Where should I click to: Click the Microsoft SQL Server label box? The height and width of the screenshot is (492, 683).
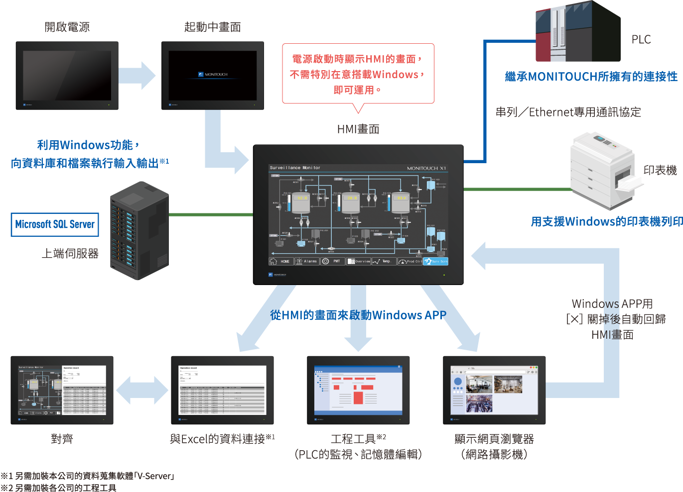(x=55, y=224)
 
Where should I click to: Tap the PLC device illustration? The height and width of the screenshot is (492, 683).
(x=578, y=32)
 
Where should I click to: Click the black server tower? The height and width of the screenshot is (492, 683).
(x=139, y=230)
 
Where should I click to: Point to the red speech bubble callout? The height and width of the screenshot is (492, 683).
(x=358, y=74)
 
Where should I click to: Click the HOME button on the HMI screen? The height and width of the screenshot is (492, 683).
(x=280, y=261)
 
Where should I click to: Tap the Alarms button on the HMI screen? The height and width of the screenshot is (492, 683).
(x=306, y=261)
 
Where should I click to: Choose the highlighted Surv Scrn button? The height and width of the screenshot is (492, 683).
(x=436, y=261)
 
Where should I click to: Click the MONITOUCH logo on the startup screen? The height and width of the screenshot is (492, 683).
(x=213, y=75)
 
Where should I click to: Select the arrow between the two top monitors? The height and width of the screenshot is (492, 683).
(x=137, y=76)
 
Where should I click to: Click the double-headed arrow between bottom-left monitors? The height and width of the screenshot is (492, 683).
(x=142, y=390)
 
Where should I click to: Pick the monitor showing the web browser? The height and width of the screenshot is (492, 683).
(x=494, y=390)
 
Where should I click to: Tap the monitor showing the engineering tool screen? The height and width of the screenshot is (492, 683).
(x=358, y=390)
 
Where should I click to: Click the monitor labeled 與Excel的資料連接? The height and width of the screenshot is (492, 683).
(x=222, y=390)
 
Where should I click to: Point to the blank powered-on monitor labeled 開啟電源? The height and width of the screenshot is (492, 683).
(x=67, y=76)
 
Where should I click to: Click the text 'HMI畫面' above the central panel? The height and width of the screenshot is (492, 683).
(x=358, y=129)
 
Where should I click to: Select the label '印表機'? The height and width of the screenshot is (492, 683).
(x=660, y=171)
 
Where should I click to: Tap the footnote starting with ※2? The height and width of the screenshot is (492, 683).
(x=58, y=488)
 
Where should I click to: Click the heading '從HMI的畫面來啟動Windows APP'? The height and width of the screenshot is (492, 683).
(x=358, y=315)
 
